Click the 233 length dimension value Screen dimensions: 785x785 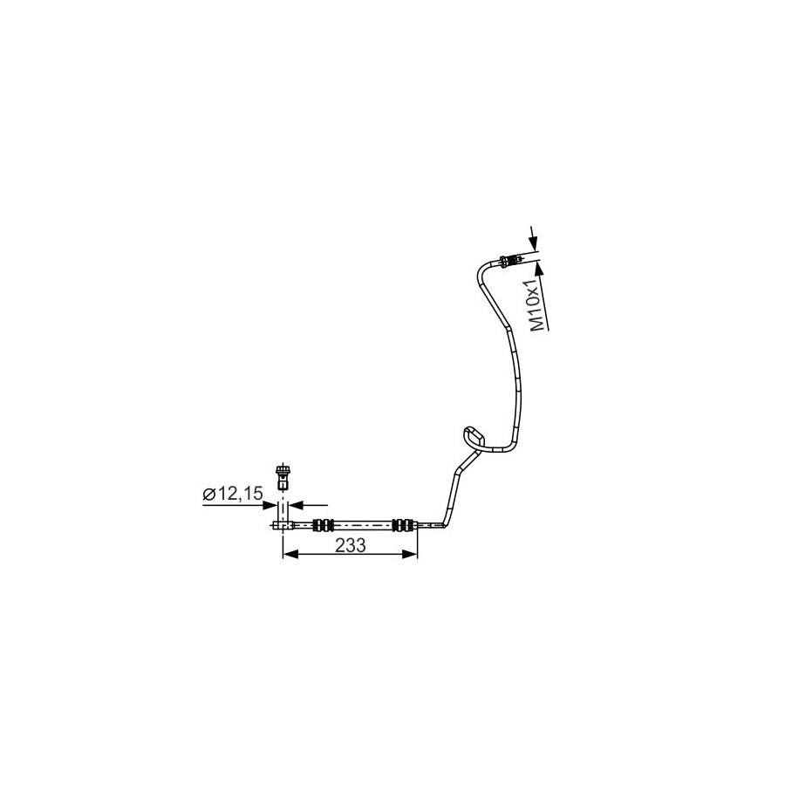(x=351, y=545)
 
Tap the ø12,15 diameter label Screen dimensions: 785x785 (x=233, y=494)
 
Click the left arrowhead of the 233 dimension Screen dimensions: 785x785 (x=290, y=553)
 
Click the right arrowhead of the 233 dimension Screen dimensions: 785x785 (x=410, y=553)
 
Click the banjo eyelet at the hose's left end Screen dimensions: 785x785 (x=283, y=525)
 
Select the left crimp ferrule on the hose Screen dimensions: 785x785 (x=323, y=525)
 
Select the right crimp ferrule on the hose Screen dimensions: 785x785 (x=404, y=525)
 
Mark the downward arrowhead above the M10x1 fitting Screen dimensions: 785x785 (x=534, y=245)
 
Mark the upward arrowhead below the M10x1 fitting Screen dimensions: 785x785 (x=539, y=270)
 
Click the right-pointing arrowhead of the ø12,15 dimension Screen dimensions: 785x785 (x=270, y=506)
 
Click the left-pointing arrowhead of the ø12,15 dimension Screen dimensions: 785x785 (x=297, y=506)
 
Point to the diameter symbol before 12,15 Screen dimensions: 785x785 (x=208, y=495)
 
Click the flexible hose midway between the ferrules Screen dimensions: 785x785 (x=363, y=525)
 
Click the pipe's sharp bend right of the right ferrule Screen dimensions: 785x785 (x=445, y=523)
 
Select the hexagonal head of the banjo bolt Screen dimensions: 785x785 (x=283, y=470)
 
